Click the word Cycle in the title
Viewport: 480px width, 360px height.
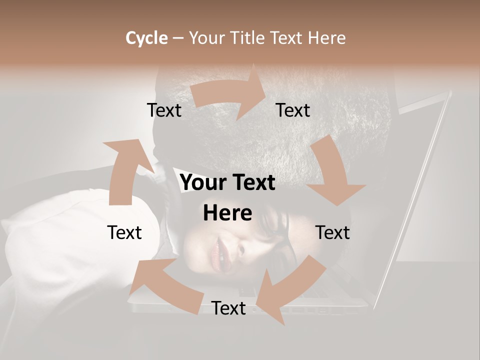[x=146, y=38]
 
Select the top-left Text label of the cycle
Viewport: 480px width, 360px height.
[x=164, y=110]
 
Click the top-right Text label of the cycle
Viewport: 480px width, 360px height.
[x=293, y=110]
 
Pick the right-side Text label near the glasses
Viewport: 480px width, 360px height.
[x=332, y=232]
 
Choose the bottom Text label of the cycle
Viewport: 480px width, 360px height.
[x=228, y=308]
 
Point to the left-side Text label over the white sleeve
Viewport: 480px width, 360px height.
[x=124, y=232]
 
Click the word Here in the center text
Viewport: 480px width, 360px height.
[x=227, y=213]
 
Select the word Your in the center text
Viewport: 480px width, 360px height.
[x=202, y=183]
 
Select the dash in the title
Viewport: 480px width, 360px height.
[x=178, y=38]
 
